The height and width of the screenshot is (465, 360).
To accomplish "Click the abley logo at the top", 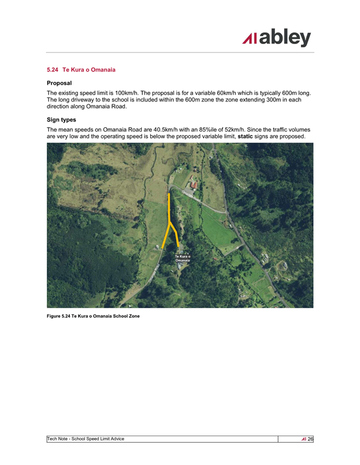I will (276, 38).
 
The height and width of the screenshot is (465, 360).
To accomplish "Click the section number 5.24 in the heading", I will (53, 70).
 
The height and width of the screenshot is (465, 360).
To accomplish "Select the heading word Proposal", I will (59, 83).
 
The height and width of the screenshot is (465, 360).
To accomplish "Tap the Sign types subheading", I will (61, 119).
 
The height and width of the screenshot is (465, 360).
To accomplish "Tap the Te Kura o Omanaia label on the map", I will (183, 258).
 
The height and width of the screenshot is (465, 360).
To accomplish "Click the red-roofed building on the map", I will (193, 185).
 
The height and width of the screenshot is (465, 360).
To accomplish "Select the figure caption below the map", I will (93, 316).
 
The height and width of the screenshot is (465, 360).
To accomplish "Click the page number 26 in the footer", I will (310, 439).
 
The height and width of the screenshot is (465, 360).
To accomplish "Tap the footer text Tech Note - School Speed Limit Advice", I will (86, 439).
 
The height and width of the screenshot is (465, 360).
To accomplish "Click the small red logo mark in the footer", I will (303, 439).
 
